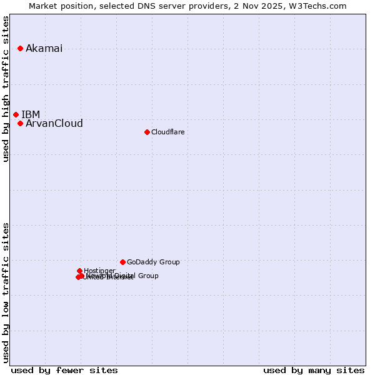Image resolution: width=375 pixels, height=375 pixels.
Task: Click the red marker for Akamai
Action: coord(20,48)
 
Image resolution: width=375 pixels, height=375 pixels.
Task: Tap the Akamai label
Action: coord(44,49)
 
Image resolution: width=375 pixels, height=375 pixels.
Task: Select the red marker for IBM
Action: coord(16,114)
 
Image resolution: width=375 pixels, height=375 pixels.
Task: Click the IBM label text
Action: coord(31,114)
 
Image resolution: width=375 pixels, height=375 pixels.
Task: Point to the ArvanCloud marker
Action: coord(20,123)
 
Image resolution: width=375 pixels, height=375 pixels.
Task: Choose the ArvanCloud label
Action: coord(54,124)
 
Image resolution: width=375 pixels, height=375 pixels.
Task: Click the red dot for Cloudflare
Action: coord(147,132)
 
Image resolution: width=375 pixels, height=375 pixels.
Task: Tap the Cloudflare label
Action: coord(167,132)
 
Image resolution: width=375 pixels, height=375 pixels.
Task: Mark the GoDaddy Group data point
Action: coord(122,262)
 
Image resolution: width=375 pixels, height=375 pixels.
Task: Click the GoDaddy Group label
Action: coord(153,262)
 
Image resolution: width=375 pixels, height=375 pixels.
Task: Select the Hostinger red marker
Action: coord(79,271)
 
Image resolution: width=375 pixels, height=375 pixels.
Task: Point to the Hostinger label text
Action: coord(99,271)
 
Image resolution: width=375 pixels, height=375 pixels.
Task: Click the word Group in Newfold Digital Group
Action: coord(148,276)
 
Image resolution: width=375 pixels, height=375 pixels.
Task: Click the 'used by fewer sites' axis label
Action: coord(64,370)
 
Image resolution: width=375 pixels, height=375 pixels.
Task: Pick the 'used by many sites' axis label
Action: coord(314,370)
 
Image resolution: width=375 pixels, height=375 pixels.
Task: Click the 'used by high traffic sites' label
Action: coord(6,89)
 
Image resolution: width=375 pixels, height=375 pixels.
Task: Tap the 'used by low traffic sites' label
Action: coord(6,292)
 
